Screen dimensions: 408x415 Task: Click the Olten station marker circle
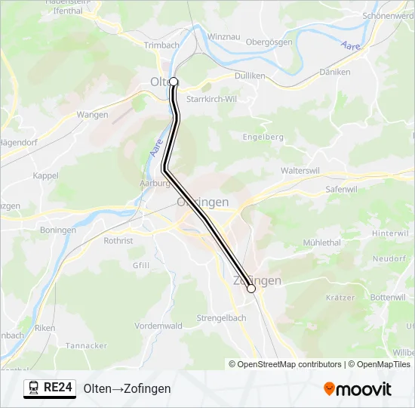coord(174,82)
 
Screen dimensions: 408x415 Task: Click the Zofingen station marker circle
coord(251,289)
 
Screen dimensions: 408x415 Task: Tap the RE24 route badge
coord(50,388)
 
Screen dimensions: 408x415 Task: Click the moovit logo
coord(358,389)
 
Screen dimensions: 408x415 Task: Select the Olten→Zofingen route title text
coord(127,388)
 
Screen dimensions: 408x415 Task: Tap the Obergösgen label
coord(269,42)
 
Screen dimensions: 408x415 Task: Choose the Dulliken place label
coord(250,76)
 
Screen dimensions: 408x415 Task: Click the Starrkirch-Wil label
coord(211,99)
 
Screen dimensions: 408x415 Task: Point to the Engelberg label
coord(263,137)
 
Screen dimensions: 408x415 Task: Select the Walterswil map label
coord(302,171)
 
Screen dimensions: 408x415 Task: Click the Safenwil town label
coord(341,189)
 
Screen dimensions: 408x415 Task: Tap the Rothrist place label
coord(118,241)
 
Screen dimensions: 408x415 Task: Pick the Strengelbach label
coord(221,318)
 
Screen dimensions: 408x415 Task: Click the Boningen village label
coord(58,230)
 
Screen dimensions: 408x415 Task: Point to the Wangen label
coord(93,115)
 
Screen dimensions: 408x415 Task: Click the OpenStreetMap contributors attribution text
coord(289,364)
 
